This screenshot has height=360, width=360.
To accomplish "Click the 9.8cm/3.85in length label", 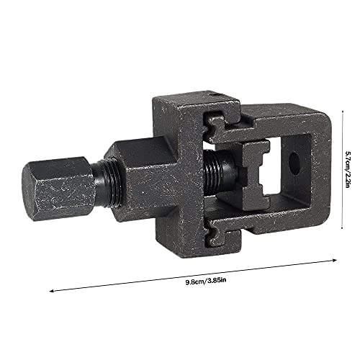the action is coord(206,281).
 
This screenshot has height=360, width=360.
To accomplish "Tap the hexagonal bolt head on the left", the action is coord(58,189).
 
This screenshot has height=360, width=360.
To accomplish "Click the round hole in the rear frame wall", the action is coord(294,163).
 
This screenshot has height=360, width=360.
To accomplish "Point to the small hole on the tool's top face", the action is coord(217,95).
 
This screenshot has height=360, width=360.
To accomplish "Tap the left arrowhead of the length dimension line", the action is coord(51,291).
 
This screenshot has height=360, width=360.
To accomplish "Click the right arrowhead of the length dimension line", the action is coord(336,260).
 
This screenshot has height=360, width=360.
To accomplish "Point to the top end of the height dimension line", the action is coord(343,112).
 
